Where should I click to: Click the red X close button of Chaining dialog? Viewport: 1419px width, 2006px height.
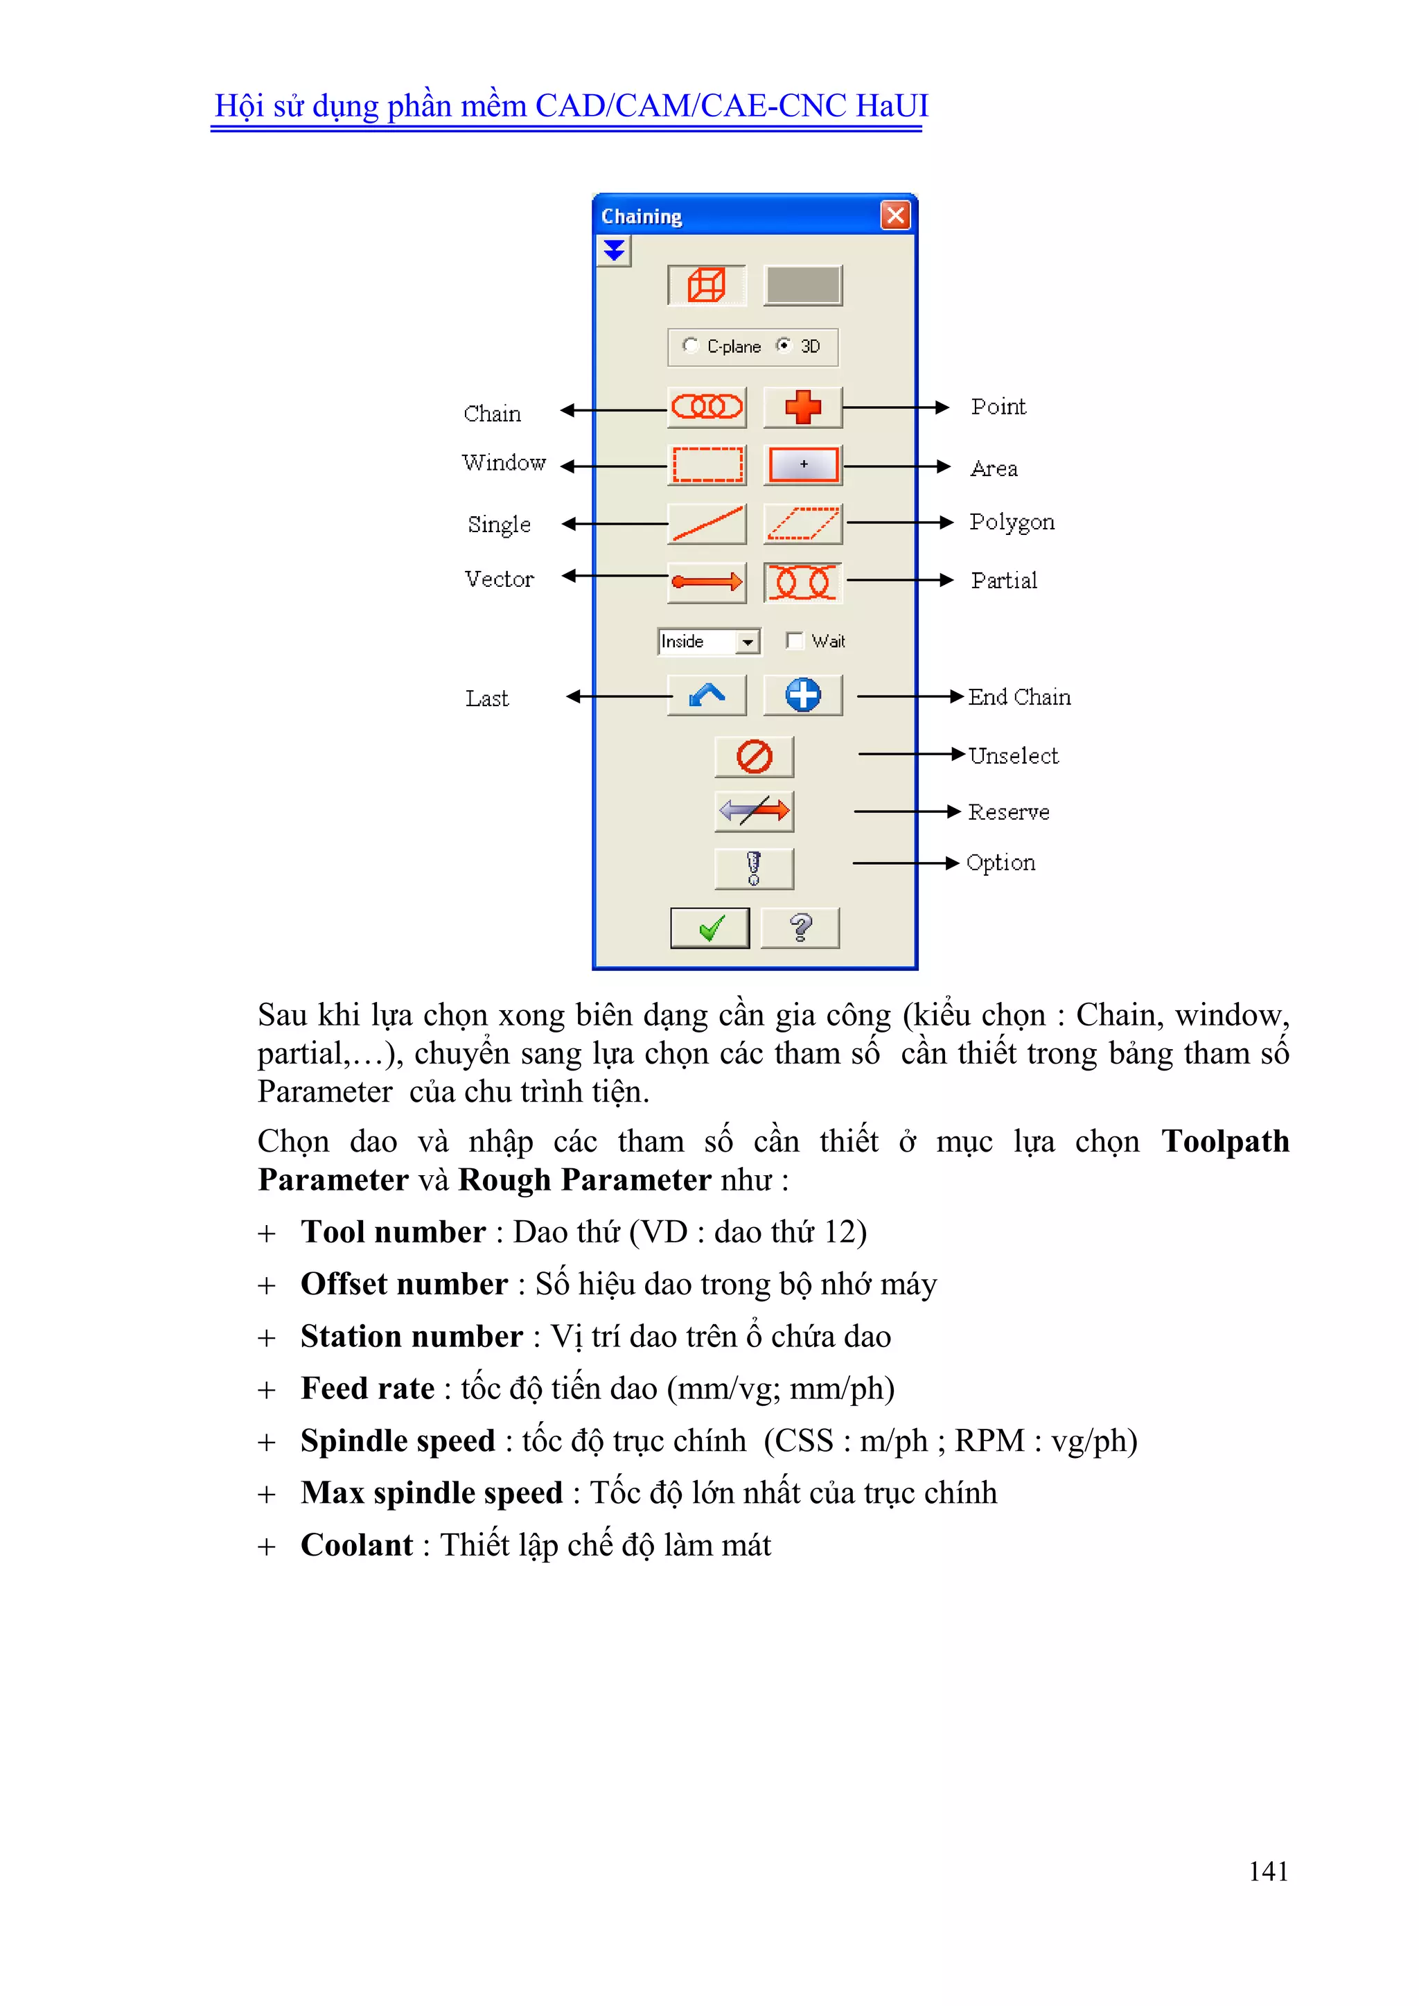[894, 215]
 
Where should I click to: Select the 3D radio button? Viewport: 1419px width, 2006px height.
[784, 345]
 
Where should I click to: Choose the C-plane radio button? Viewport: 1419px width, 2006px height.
[690, 345]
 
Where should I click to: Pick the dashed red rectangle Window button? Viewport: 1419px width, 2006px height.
[706, 465]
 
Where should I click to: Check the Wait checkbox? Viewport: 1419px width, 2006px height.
[793, 640]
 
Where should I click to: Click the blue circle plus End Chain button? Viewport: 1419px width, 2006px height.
[802, 696]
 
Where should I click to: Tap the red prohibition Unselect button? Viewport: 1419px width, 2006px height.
[753, 757]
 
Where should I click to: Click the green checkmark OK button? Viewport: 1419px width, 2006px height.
[709, 928]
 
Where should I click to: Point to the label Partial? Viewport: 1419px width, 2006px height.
[1004, 581]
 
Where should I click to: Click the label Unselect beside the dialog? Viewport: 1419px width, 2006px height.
[1013, 756]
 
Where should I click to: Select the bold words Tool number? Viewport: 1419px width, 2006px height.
[393, 1232]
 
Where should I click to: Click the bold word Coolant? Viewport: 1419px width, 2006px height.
[357, 1545]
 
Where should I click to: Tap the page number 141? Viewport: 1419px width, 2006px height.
[1268, 1871]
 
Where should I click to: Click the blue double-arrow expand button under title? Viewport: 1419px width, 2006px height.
[615, 251]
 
